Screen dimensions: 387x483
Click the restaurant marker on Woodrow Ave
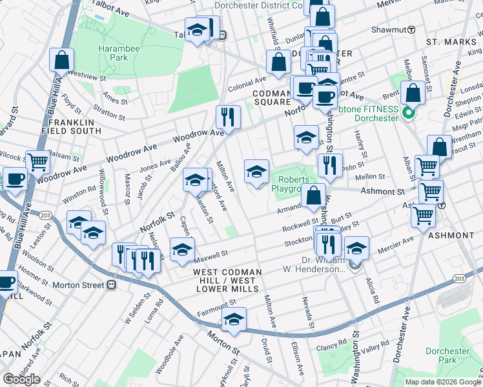click(x=227, y=117)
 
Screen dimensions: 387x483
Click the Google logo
click(x=21, y=379)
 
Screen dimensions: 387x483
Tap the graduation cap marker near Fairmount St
click(x=234, y=320)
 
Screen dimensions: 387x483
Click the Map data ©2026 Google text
click(x=443, y=382)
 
